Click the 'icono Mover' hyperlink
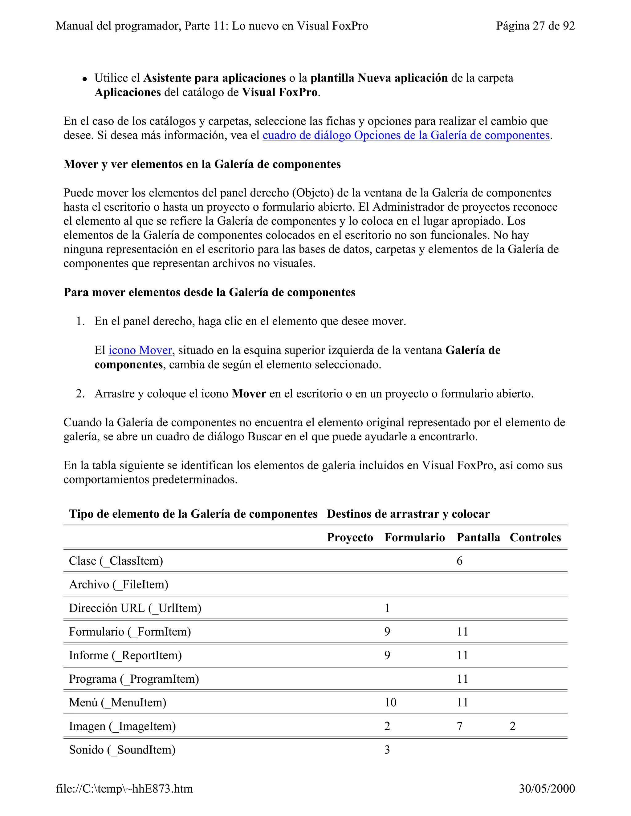[140, 350]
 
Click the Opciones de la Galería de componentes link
[406, 135]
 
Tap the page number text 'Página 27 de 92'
[535, 26]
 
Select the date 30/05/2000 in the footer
[547, 788]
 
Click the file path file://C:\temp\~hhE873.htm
[124, 788]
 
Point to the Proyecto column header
[350, 537]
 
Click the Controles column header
[535, 537]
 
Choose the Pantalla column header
[478, 537]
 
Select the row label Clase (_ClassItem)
[116, 561]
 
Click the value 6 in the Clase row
[459, 561]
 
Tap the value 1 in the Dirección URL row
[387, 608]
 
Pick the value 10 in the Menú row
[390, 702]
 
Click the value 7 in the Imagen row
[459, 726]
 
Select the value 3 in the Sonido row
[387, 749]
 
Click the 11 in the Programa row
[462, 679]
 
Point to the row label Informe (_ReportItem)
[125, 655]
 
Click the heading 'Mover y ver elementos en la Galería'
[202, 164]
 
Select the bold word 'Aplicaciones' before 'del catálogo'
[128, 92]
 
